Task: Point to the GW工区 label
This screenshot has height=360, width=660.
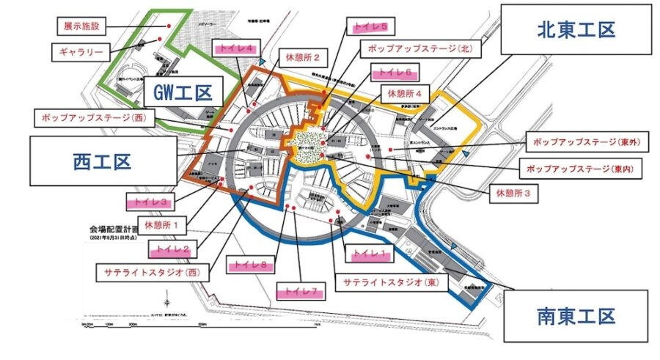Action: point(183,93)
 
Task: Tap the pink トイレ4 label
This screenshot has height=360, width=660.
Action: point(236,47)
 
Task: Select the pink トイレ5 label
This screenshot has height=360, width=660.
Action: point(371,28)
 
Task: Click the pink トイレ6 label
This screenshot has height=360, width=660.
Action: point(396,72)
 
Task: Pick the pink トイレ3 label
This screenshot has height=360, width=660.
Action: point(152,199)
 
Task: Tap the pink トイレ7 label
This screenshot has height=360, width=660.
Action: point(299,291)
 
